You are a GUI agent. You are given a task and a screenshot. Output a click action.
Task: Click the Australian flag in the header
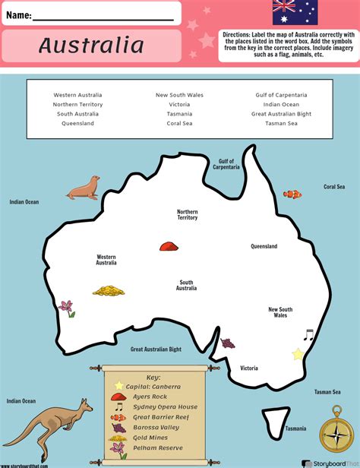(295, 12)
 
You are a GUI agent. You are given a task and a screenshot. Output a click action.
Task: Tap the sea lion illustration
(82, 188)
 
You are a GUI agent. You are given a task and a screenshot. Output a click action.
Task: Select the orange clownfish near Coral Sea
(292, 194)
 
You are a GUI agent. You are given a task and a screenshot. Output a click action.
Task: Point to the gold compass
(334, 434)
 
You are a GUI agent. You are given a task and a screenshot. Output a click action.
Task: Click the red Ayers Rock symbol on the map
(168, 245)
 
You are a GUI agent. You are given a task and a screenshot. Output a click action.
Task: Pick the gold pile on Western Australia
(109, 290)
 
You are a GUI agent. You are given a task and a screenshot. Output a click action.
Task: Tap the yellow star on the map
(297, 354)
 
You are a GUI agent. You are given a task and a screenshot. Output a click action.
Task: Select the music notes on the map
(308, 334)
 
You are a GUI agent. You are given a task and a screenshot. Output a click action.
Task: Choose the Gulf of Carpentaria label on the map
(226, 164)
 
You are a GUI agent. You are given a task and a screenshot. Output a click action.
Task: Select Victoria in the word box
(180, 104)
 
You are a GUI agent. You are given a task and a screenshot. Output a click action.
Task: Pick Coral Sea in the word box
(180, 123)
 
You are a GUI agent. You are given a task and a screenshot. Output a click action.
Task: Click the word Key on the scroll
(153, 376)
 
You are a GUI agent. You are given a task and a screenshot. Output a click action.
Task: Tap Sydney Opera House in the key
(166, 407)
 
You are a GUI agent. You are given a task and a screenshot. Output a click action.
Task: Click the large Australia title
(91, 46)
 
